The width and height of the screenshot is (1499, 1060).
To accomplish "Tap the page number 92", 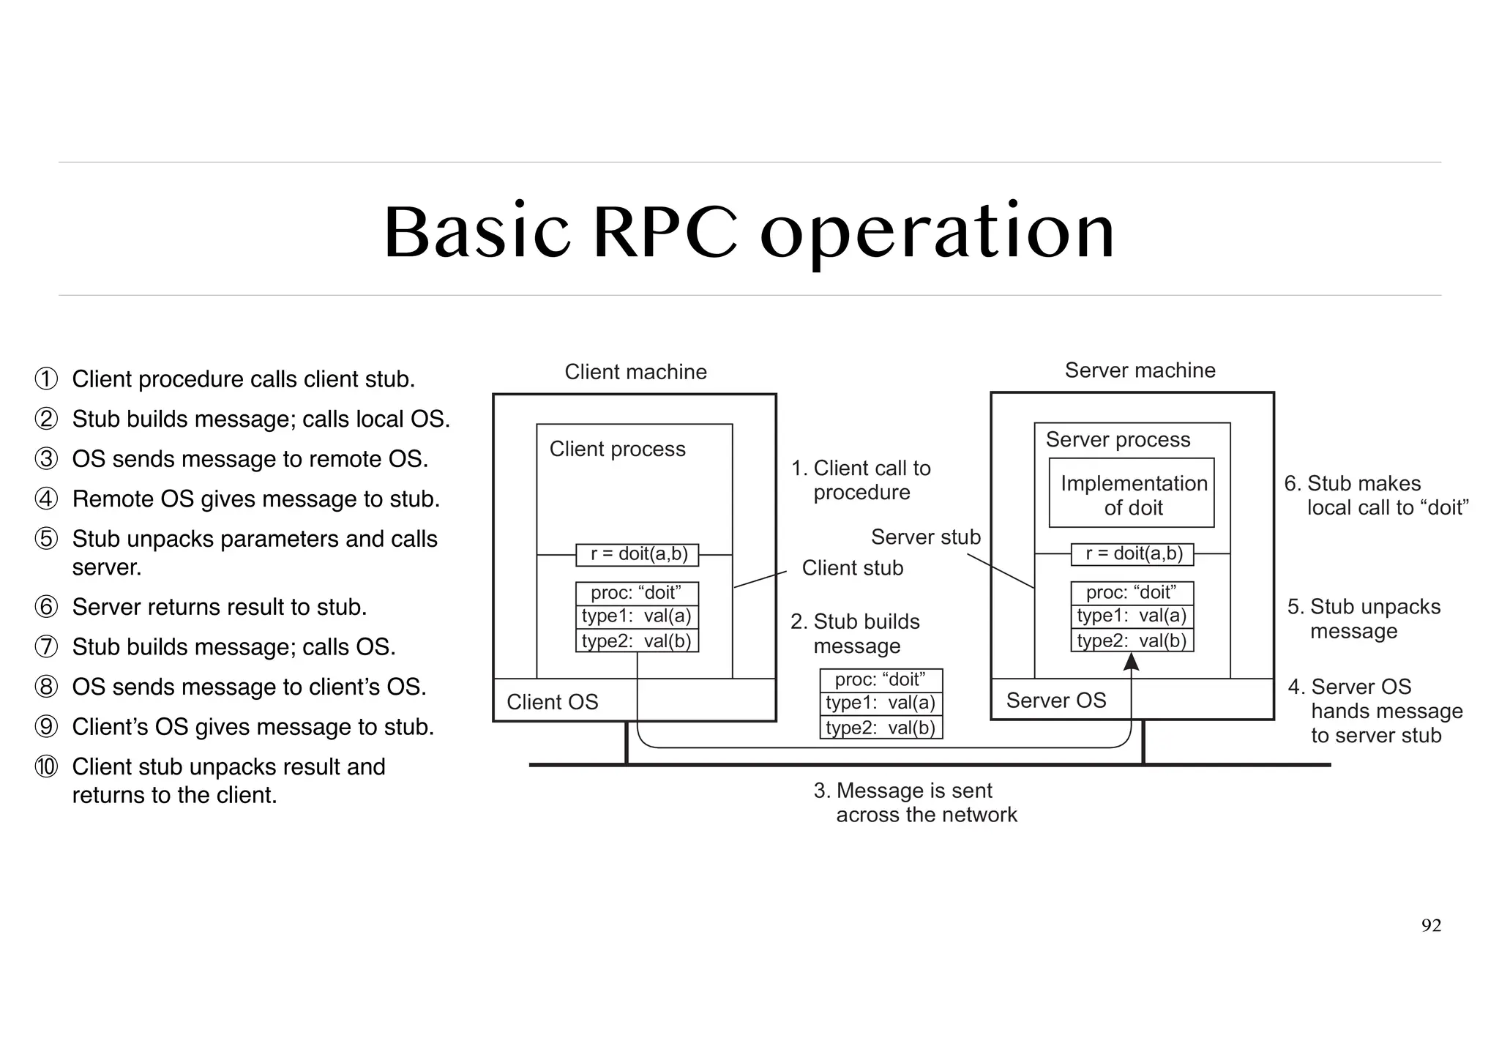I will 1431,926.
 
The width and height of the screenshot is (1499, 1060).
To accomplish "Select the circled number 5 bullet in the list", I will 46,539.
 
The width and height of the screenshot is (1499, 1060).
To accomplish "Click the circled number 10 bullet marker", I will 46,766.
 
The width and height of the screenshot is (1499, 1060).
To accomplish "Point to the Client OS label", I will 552,702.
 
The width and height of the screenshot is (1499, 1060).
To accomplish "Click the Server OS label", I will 1055,701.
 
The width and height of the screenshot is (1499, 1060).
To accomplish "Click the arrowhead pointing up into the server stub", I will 1132,662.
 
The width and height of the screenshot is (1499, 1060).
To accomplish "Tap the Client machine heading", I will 635,372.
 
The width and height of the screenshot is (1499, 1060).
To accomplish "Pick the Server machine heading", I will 1140,370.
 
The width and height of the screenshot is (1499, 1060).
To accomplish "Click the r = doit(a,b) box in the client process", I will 638,554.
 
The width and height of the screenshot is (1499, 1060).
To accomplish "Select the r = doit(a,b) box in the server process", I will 1132,554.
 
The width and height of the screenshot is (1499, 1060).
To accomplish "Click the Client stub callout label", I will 852,568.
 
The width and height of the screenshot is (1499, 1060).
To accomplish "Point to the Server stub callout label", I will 925,537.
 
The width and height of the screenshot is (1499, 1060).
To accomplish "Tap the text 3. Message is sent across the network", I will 914,802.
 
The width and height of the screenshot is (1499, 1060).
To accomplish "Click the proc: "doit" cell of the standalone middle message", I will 881,679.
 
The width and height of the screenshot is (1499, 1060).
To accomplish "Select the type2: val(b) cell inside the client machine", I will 637,641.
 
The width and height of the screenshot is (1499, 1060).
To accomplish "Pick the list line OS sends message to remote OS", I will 250,459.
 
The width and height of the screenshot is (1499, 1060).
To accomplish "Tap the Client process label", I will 617,449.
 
